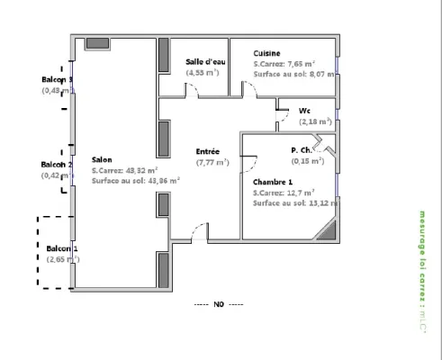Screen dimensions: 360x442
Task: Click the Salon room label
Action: click(x=101, y=158)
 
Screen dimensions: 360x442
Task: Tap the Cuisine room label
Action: click(x=266, y=53)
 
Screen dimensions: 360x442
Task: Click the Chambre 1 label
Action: click(x=272, y=181)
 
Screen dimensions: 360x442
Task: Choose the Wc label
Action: click(x=305, y=111)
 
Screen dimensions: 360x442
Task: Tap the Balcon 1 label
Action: click(x=62, y=247)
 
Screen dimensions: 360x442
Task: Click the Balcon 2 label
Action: click(x=56, y=165)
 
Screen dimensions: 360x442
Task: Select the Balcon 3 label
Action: click(x=57, y=79)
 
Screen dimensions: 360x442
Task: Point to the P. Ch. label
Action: click(x=302, y=150)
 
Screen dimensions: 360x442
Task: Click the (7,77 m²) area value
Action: click(x=212, y=162)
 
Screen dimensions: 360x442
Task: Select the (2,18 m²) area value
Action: click(x=315, y=121)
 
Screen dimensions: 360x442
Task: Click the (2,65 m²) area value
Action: click(x=62, y=259)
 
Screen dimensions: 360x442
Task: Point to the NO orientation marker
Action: click(x=219, y=304)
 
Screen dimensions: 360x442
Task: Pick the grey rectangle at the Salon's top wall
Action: click(x=96, y=43)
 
